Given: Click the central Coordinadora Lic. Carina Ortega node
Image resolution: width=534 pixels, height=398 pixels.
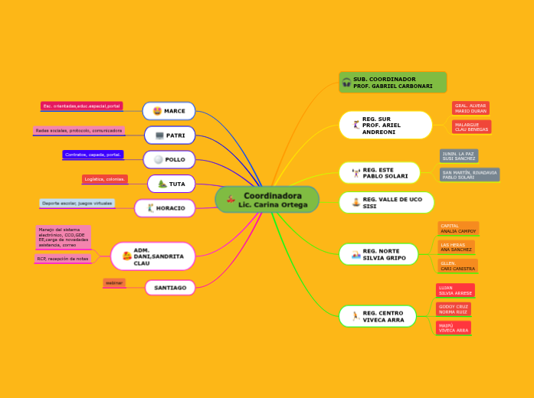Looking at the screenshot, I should pos(267,200).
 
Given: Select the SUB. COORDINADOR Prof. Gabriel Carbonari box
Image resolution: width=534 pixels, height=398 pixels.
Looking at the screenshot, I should pos(393,83).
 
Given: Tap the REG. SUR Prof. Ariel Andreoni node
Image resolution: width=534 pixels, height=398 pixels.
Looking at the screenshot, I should pos(386,125).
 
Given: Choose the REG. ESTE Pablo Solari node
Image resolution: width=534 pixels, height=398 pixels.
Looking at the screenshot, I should pos(380,173).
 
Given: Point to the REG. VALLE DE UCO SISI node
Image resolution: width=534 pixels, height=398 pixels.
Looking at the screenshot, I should pos(386,203).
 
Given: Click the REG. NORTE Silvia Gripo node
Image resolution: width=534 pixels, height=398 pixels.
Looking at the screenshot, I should pos(378,254).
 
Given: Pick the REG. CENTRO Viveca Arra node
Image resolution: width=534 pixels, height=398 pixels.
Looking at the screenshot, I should pos(378,316).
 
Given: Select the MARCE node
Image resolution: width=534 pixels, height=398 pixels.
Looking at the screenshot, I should pos(169,111).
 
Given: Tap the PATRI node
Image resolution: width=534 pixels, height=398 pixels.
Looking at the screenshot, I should pos(169,135).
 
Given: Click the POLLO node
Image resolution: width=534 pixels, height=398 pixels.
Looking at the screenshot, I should pos(169,160).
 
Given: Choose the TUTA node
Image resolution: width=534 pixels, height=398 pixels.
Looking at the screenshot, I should pos(171,184).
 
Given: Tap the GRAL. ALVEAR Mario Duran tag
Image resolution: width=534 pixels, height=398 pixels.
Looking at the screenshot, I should pos(470,108).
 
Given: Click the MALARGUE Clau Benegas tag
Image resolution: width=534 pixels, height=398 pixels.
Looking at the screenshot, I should pos(471,126).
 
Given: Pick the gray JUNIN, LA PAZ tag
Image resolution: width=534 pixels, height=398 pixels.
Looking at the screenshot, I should pos(459,156).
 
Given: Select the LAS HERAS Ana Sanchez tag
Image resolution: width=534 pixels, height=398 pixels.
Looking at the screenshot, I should pos(456,246).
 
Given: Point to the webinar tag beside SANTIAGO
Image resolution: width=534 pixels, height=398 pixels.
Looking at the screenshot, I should pos(114,283).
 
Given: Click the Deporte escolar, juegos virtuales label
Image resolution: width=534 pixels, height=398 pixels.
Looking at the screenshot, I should pos(77,204).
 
